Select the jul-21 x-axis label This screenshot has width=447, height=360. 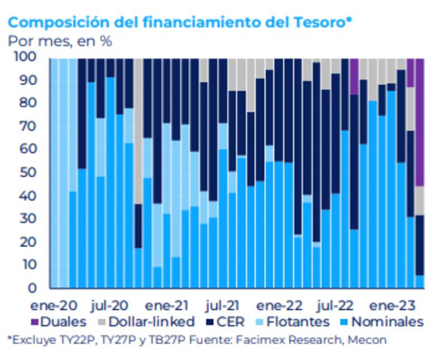(222, 306)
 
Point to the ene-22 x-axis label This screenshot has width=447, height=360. (279, 306)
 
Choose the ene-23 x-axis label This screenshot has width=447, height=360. (393, 306)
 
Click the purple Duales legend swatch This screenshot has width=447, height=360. (34, 322)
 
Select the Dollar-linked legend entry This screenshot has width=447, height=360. (145, 322)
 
